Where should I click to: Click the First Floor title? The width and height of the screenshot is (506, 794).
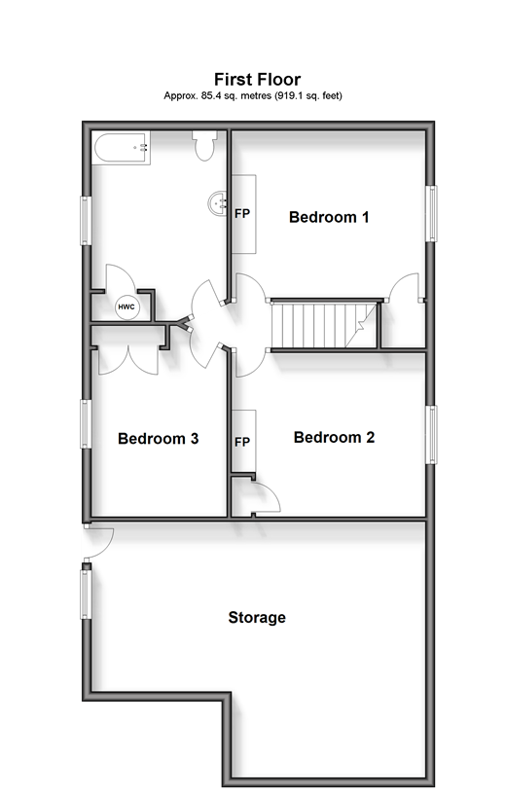pyautogui.click(x=257, y=80)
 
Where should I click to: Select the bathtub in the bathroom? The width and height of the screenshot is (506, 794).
pyautogui.click(x=122, y=148)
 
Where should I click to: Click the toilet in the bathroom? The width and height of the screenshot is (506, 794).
pyautogui.click(x=204, y=145)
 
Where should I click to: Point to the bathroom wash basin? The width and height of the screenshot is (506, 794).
pyautogui.click(x=218, y=203)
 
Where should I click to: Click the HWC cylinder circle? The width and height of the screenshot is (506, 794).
pyautogui.click(x=126, y=307)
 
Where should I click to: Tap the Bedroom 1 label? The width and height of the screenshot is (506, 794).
pyautogui.click(x=329, y=217)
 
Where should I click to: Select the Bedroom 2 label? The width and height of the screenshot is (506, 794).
pyautogui.click(x=335, y=437)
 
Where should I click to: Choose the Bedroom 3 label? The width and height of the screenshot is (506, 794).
pyautogui.click(x=158, y=438)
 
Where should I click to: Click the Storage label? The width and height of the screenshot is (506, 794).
pyautogui.click(x=257, y=617)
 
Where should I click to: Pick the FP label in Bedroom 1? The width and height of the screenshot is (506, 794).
pyautogui.click(x=242, y=214)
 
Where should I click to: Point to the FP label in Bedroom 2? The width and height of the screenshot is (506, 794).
pyautogui.click(x=242, y=442)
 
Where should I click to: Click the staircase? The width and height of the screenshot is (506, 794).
pyautogui.click(x=324, y=325)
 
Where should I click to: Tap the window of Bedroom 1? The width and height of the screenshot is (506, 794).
pyautogui.click(x=431, y=213)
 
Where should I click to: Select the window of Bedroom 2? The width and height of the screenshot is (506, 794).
pyautogui.click(x=431, y=435)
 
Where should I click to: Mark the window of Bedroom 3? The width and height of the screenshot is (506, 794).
pyautogui.click(x=86, y=424)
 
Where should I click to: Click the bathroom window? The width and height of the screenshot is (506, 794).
pyautogui.click(x=86, y=221)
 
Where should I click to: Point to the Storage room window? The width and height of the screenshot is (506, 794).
pyautogui.click(x=86, y=594)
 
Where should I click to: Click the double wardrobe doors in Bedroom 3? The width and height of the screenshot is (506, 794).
pyautogui.click(x=128, y=361)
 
